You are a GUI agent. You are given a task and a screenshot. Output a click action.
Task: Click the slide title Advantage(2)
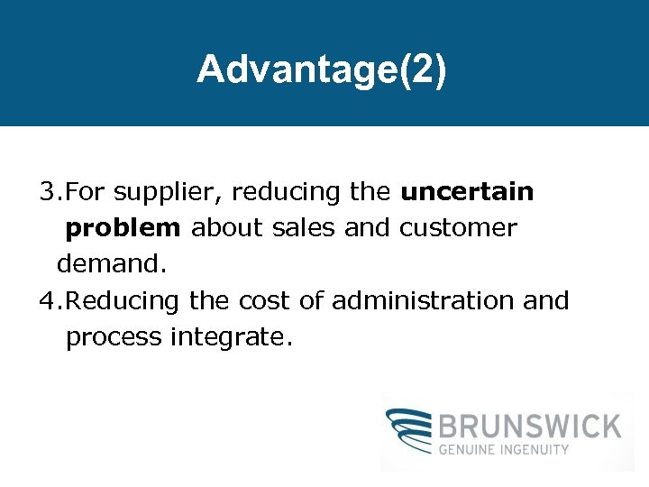(321, 69)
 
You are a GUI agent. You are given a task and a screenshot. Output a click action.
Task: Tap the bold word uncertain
(467, 192)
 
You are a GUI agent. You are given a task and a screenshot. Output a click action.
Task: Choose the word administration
(423, 300)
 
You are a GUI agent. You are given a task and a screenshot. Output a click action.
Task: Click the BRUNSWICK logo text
(529, 424)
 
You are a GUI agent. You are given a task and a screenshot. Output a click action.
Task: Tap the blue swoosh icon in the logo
(407, 432)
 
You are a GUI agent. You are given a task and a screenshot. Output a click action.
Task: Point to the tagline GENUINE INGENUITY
(504, 449)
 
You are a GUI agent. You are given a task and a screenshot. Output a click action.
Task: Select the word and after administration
(546, 300)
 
